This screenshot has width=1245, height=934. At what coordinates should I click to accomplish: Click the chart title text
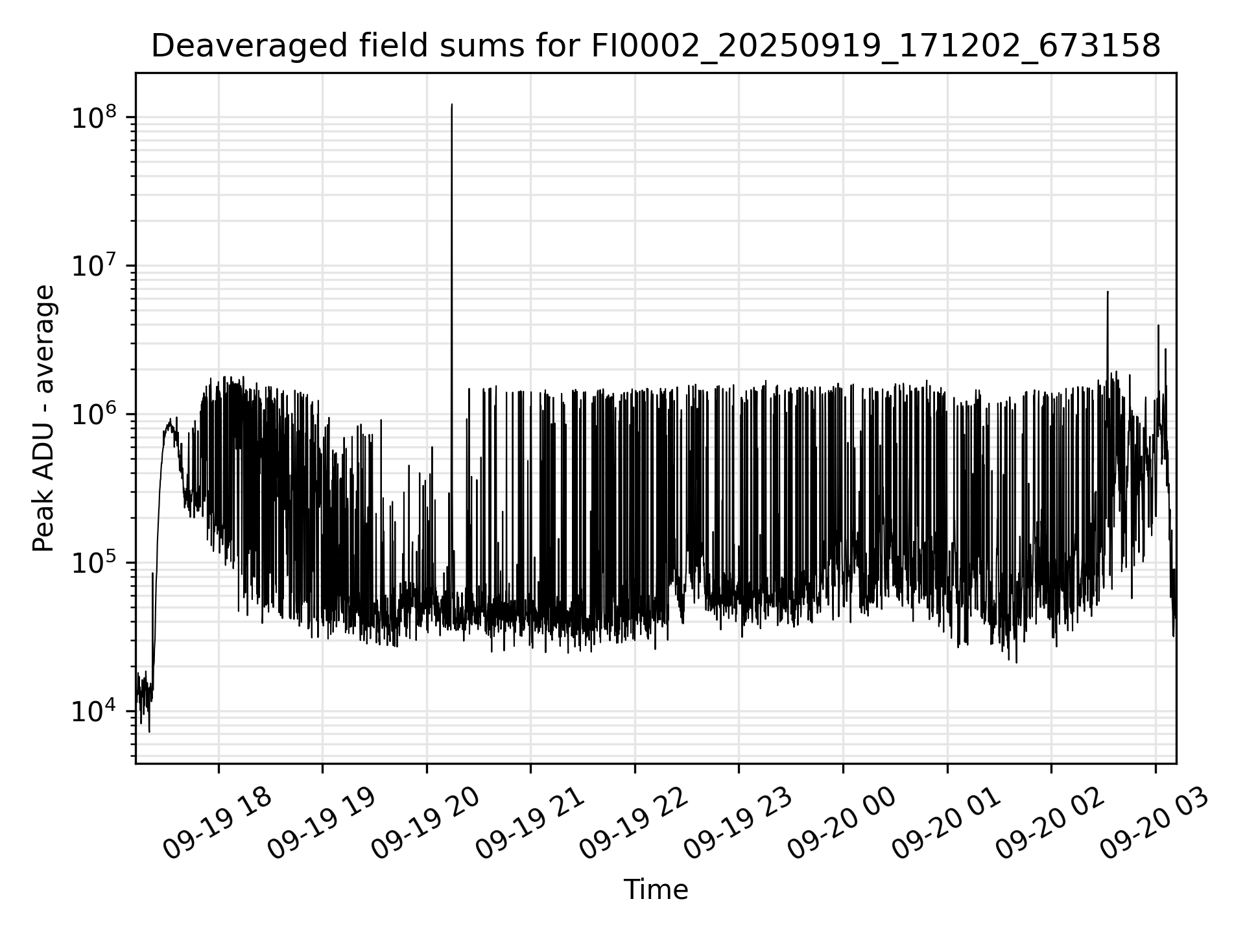pyautogui.click(x=656, y=46)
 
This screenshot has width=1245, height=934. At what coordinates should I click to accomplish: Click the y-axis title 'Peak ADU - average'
pyautogui.click(x=44, y=418)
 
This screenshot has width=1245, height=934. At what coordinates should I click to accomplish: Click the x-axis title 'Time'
pyautogui.click(x=656, y=889)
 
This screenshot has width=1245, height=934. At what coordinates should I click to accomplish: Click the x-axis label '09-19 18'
pyautogui.click(x=217, y=824)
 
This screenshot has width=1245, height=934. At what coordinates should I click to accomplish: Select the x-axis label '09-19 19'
pyautogui.click(x=322, y=824)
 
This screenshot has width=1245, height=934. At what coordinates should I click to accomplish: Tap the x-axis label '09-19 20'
pyautogui.click(x=425, y=824)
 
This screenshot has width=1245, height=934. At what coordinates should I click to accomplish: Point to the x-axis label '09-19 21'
pyautogui.click(x=530, y=824)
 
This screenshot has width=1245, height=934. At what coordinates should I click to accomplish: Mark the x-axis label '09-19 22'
pyautogui.click(x=634, y=824)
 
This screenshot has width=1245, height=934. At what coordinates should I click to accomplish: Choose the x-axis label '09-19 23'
pyautogui.click(x=738, y=824)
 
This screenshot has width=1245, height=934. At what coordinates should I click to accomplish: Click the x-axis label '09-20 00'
pyautogui.click(x=842, y=824)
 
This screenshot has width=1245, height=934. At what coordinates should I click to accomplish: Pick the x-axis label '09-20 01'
pyautogui.click(x=946, y=824)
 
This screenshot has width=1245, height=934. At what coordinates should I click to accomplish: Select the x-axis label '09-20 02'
pyautogui.click(x=1050, y=824)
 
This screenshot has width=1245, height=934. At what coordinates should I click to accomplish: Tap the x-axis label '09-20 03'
pyautogui.click(x=1154, y=824)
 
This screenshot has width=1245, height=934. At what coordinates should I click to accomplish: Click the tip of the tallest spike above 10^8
pyautogui.click(x=452, y=104)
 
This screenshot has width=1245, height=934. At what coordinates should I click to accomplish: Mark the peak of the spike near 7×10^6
pyautogui.click(x=1108, y=292)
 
